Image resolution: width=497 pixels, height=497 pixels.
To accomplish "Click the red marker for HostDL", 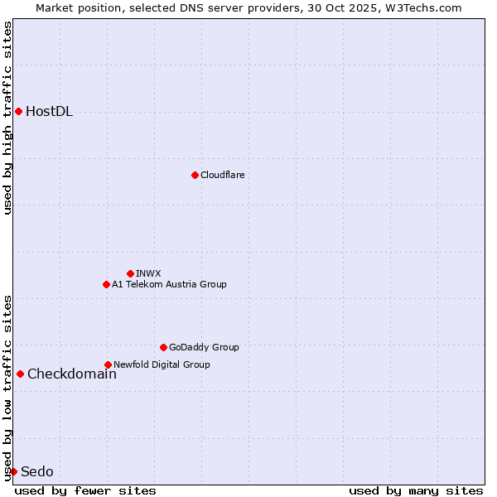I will click(x=18, y=111).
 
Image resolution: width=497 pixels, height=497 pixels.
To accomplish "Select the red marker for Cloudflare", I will click(x=195, y=175).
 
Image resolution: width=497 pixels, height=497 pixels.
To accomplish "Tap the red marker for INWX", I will click(x=130, y=273).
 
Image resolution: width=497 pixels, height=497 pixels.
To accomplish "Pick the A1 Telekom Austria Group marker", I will click(x=106, y=284).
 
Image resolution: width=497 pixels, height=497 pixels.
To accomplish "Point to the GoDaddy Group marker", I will click(x=163, y=347).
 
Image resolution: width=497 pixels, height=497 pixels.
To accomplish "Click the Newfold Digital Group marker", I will click(x=108, y=364).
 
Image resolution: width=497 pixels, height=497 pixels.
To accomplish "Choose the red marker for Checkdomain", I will click(x=20, y=374).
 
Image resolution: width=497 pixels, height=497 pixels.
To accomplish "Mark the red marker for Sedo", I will click(x=13, y=471).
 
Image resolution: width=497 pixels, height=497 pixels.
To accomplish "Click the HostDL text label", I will click(x=50, y=112).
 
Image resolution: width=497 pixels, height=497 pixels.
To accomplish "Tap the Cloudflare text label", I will click(x=223, y=176).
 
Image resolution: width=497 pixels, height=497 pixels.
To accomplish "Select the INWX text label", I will click(x=148, y=273).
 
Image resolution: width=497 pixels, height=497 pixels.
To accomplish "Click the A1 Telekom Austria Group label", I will click(x=169, y=284).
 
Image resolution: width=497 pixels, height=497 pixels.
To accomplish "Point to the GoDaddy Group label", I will click(x=204, y=348).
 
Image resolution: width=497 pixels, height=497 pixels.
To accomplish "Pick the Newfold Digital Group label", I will click(x=162, y=364).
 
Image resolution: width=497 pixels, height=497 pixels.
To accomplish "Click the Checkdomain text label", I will click(x=72, y=374).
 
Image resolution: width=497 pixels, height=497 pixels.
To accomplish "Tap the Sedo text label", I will click(x=37, y=472).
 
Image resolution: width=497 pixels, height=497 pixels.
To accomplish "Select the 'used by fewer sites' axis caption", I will click(x=85, y=490).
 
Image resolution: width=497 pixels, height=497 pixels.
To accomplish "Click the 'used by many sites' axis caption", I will click(x=416, y=490).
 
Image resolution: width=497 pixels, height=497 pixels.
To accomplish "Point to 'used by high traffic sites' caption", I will click(x=7, y=118).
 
